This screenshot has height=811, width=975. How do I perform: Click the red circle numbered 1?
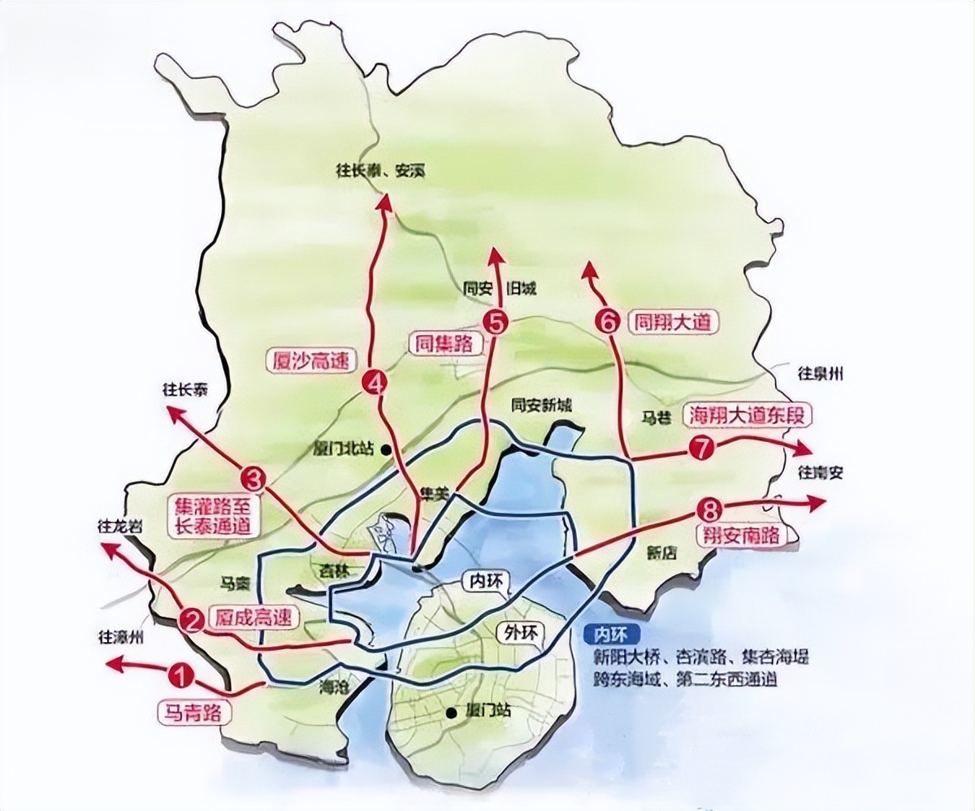182,674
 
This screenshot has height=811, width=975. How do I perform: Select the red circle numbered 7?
700,448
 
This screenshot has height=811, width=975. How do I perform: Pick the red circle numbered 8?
708,510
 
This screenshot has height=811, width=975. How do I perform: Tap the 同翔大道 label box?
674,322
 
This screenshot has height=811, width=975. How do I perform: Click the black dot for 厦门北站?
386,449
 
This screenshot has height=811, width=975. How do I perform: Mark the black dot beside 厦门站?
452,713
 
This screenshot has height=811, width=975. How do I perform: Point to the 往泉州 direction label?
821,374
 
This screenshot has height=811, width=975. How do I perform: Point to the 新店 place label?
662,552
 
